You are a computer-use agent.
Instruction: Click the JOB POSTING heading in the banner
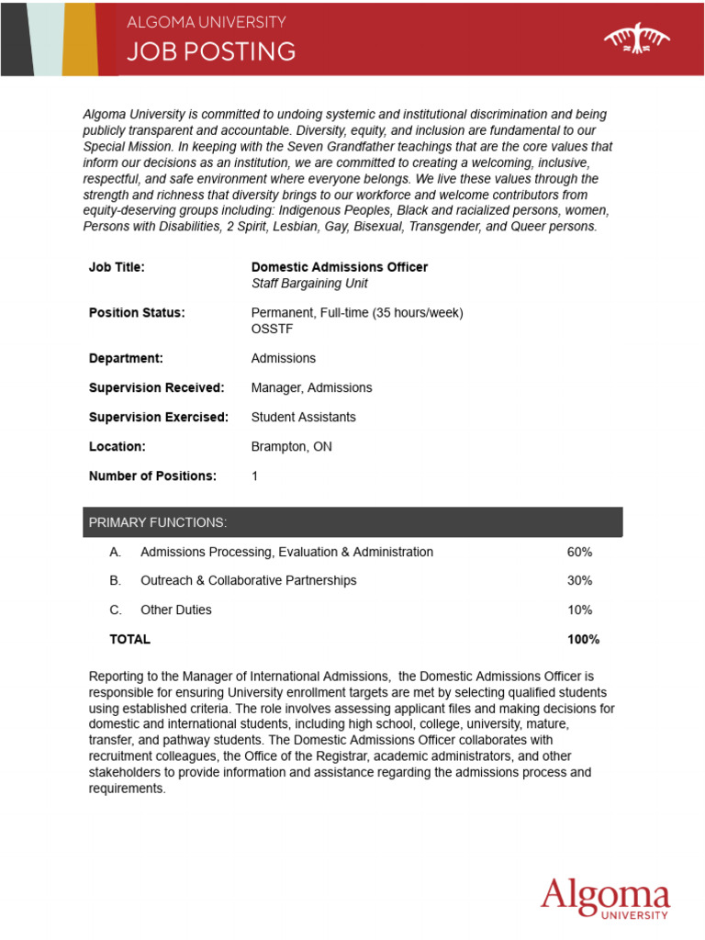tap(211, 51)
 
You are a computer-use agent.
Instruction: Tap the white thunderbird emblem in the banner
tap(636, 39)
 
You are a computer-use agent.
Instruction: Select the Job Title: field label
tap(117, 267)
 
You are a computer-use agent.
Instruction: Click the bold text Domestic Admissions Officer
tap(339, 267)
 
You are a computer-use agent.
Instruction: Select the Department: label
tap(126, 358)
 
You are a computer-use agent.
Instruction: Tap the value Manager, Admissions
tap(311, 387)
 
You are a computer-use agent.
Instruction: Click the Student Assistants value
tap(303, 417)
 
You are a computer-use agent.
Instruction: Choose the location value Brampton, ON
tap(291, 446)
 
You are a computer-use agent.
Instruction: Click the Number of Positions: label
tap(152, 476)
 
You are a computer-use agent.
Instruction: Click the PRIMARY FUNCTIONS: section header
tap(157, 522)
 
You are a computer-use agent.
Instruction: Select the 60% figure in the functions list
tap(579, 552)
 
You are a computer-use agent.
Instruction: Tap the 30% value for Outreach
tap(579, 580)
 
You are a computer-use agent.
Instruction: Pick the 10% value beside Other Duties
tap(579, 610)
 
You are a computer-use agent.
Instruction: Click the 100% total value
tap(583, 639)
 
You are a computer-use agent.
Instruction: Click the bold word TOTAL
tap(129, 639)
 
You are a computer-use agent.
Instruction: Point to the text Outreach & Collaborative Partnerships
tap(248, 580)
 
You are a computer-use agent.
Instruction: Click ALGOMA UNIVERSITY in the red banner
tap(206, 22)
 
